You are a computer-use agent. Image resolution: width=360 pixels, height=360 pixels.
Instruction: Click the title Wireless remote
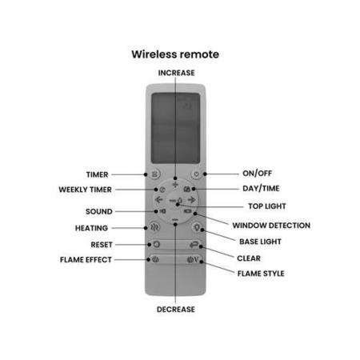tap(175, 54)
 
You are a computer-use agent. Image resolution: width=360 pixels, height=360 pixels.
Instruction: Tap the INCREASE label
tap(176, 73)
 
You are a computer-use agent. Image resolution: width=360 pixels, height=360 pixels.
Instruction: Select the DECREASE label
tap(176, 310)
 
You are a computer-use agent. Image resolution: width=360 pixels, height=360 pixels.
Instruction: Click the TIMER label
tap(97, 174)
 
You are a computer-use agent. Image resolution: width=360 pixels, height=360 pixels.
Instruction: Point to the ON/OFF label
tap(257, 174)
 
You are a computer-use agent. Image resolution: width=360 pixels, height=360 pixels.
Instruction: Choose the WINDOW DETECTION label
tap(271, 226)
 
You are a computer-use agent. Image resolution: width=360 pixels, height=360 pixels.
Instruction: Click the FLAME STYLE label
tap(261, 274)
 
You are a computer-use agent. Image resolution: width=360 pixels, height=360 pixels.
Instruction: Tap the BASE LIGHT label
tap(260, 242)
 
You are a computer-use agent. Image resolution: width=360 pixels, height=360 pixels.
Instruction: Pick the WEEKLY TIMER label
tap(85, 190)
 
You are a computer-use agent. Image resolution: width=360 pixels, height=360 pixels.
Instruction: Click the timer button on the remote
tap(154, 174)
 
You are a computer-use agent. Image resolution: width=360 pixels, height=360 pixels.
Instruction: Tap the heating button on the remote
tap(154, 227)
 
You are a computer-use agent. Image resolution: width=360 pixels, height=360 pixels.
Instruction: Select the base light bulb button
tap(197, 227)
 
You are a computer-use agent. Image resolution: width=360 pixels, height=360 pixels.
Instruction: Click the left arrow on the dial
tap(159, 199)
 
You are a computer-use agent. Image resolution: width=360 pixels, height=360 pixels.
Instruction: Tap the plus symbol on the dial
tap(175, 184)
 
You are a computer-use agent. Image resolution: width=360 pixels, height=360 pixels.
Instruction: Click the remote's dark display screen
tap(175, 128)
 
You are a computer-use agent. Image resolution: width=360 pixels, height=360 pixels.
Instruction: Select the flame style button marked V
tap(193, 259)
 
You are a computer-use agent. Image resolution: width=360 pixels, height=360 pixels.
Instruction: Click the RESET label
tap(102, 245)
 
